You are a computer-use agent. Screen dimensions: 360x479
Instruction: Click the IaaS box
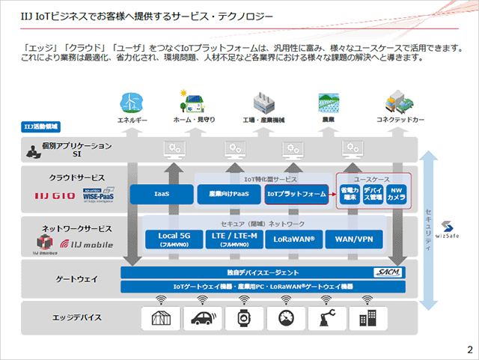161,195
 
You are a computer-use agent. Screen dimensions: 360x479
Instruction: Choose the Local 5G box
174,239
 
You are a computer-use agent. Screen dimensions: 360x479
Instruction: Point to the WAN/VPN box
354,239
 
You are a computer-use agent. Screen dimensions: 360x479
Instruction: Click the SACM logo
390,272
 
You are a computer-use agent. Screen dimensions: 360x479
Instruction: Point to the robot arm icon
326,317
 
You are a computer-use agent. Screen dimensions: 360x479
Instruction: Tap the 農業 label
326,119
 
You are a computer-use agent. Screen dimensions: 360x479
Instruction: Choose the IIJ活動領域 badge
37,127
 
